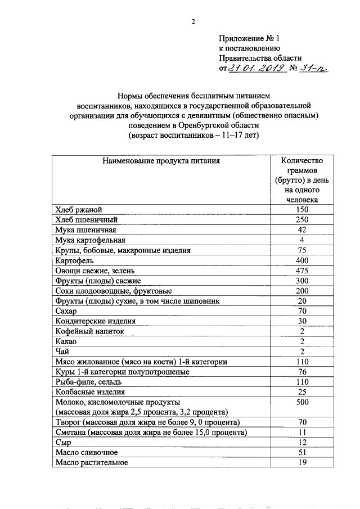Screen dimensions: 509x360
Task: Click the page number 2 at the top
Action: [192, 22]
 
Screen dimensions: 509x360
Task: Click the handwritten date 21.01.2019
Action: [253, 68]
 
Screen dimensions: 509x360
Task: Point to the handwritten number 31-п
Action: [312, 68]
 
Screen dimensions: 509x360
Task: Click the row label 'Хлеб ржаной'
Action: [78, 210]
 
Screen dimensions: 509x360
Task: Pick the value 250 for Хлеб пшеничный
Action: [302, 220]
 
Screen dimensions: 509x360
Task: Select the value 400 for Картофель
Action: [302, 260]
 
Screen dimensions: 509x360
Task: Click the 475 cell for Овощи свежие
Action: [302, 271]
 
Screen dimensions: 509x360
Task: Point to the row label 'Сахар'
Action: [66, 311]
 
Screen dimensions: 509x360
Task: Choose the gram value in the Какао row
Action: [302, 341]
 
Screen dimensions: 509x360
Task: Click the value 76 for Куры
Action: [302, 372]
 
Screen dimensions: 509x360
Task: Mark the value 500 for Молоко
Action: [302, 403]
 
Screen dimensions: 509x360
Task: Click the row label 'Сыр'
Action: [63, 443]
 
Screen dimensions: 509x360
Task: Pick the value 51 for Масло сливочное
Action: [302, 453]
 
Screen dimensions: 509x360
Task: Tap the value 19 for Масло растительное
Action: [302, 463]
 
